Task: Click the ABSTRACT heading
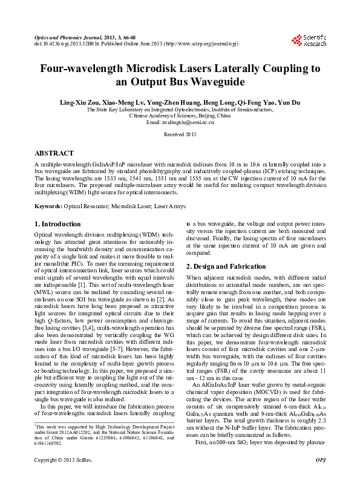tap(54, 154)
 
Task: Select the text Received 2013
tap(180, 133)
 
